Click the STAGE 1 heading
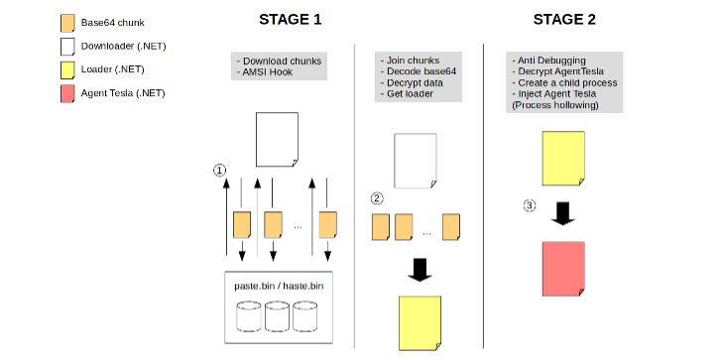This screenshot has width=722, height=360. [290, 20]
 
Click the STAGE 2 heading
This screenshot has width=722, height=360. [564, 20]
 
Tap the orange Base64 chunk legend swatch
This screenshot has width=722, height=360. [67, 23]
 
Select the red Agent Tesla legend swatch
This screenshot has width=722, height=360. [67, 93]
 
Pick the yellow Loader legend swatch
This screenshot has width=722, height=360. [67, 70]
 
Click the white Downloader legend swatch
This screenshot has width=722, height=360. [67, 47]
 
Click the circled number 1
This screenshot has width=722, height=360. [219, 171]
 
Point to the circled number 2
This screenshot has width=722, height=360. [377, 198]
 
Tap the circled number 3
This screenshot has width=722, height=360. [530, 205]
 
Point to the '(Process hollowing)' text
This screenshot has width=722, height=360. [555, 105]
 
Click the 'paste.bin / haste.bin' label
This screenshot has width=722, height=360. [279, 286]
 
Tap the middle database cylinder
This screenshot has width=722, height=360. [278, 316]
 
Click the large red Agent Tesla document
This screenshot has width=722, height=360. [563, 269]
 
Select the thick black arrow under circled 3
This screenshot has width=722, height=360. [562, 213]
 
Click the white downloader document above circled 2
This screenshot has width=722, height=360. [415, 161]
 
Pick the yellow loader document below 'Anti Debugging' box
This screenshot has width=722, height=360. [563, 159]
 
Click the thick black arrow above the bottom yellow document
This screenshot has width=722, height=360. [420, 270]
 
